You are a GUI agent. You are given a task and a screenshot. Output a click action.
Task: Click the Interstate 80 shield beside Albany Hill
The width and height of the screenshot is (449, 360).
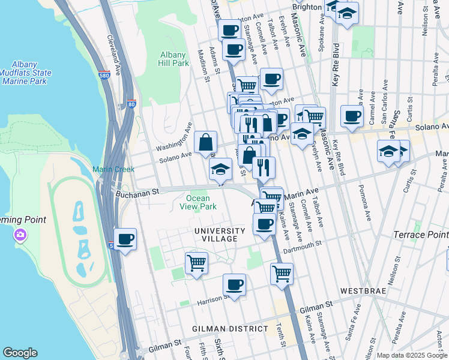click(131, 103)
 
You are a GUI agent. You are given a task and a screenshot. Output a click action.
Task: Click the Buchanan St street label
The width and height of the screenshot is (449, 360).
click(137, 191)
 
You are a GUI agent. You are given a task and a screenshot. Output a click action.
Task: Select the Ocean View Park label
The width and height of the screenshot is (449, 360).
click(198, 202)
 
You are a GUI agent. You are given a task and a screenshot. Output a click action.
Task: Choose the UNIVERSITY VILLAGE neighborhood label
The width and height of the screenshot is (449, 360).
click(219, 235)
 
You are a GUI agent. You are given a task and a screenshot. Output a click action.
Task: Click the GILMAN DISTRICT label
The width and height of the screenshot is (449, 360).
click(230, 329)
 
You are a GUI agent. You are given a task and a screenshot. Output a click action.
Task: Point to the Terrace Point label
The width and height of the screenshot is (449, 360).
click(421, 234)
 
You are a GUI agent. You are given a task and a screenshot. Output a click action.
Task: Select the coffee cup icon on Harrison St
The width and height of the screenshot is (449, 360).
click(235, 285)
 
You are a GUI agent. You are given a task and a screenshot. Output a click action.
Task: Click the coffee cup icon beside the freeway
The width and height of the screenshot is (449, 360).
click(125, 240)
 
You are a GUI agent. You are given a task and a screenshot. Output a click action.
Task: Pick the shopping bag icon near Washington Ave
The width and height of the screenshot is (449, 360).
click(206, 143)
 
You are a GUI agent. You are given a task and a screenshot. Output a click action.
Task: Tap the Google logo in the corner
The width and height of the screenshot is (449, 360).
click(20, 353)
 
